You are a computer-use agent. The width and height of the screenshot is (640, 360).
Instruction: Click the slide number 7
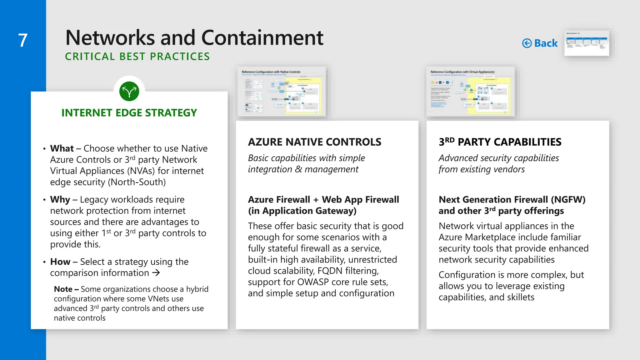23,41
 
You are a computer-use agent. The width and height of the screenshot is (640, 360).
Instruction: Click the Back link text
546,43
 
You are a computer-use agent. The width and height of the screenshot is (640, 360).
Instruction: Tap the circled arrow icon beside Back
527,43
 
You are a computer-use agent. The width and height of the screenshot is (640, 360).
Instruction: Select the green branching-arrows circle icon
129,91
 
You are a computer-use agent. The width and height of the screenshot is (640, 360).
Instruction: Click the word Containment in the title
262,38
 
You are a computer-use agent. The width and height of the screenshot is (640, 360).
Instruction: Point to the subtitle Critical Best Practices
137,57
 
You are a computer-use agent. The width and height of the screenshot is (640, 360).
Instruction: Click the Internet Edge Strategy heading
129,112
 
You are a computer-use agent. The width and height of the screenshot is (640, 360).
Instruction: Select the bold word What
62,148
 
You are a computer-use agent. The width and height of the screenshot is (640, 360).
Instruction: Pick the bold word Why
60,199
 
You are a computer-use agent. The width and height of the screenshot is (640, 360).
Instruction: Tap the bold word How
60,262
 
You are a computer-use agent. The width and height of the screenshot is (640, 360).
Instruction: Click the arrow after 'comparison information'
156,273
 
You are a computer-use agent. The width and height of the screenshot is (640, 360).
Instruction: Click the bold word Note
63,289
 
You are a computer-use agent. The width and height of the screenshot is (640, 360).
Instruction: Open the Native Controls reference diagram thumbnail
282,92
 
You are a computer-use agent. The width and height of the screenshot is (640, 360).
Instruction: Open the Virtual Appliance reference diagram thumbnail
471,92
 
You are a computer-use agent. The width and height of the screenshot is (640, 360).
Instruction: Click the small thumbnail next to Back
587,43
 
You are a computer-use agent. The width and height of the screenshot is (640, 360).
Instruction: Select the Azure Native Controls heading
314,142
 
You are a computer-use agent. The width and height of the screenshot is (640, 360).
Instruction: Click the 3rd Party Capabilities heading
500,142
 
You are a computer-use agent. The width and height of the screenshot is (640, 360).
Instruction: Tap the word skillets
521,297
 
